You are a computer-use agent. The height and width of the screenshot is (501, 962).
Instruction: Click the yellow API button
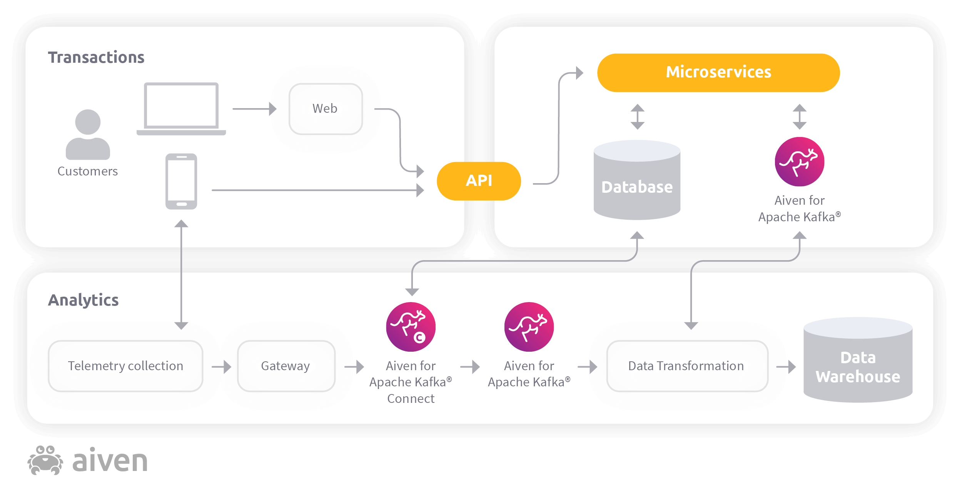(x=479, y=181)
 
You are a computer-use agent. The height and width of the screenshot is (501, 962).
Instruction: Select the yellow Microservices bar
(x=718, y=72)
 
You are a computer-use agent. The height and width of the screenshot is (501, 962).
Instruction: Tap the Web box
(x=326, y=109)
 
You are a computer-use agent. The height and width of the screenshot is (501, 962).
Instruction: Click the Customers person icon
(x=88, y=135)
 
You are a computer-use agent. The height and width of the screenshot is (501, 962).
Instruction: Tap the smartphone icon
(x=181, y=181)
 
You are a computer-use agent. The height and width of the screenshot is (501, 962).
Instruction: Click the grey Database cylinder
(x=637, y=181)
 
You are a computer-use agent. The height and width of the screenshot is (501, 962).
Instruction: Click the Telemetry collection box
(x=125, y=366)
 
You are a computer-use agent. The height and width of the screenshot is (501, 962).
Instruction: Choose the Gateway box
(x=286, y=366)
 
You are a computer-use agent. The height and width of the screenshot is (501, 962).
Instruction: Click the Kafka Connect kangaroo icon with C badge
(x=411, y=327)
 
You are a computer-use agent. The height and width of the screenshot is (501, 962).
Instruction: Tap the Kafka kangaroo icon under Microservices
(x=799, y=162)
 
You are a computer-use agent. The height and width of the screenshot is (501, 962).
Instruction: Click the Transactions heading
(x=96, y=57)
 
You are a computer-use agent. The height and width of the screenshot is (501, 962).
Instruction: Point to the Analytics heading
(x=83, y=300)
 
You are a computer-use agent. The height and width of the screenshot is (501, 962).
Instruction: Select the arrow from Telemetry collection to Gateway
(x=222, y=367)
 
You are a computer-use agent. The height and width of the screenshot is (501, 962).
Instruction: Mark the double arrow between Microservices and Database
(x=637, y=117)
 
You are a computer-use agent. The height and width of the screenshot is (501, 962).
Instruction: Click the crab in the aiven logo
(x=45, y=461)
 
